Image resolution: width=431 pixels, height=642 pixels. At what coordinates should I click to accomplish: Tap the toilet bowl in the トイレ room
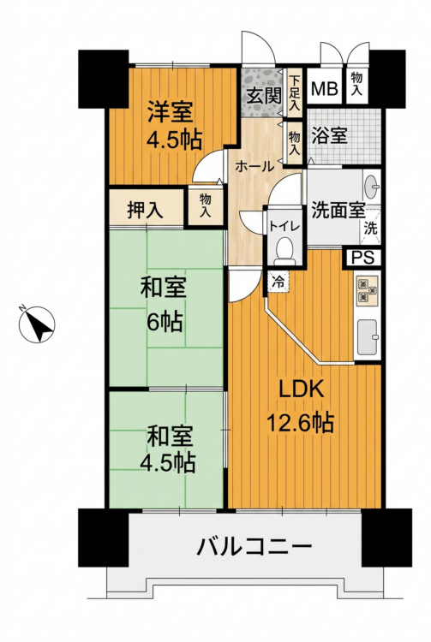285,252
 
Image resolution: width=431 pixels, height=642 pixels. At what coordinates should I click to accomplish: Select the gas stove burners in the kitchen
366,290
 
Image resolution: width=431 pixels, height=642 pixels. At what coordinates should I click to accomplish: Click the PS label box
363,258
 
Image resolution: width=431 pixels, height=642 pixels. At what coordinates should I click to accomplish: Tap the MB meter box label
324,88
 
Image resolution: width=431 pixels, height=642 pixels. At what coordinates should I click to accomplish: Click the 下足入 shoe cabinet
294,93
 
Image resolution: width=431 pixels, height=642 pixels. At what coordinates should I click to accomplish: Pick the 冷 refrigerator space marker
278,282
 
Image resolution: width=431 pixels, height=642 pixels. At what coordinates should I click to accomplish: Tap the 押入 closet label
146,210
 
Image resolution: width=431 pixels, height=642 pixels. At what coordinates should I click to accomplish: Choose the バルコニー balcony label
254,546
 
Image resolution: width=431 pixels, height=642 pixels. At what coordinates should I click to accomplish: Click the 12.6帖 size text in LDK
300,422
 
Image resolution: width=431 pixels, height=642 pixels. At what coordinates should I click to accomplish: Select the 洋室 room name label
170,111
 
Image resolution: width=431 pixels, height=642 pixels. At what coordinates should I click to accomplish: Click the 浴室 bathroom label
329,135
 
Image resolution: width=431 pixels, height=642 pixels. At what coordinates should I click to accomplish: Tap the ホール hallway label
254,167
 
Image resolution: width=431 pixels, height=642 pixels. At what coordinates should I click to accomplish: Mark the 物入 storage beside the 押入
206,206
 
